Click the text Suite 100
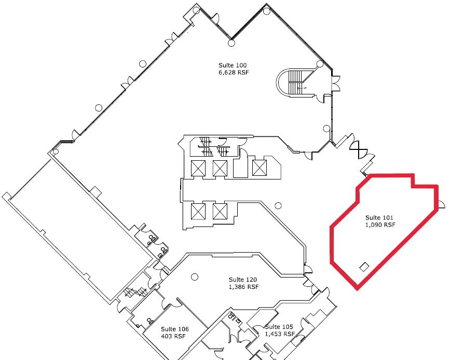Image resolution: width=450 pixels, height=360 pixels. click(233, 65)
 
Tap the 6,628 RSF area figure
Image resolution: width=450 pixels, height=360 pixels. click(234, 72)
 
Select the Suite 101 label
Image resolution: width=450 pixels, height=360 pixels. click(379, 218)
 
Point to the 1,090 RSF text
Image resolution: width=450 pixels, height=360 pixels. click(380, 225)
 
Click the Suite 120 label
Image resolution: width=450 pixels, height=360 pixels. click(243, 280)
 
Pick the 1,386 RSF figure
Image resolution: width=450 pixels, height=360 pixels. click(243, 286)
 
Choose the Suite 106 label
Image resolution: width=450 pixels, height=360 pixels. click(175, 329)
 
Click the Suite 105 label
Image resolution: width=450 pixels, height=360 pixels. click(279, 327)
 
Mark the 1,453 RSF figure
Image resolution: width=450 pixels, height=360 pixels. click(280, 334)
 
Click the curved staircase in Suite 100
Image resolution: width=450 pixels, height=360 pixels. click(293, 82)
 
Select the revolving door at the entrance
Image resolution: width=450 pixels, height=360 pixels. click(359, 150)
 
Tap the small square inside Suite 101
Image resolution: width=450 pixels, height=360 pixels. click(364, 267)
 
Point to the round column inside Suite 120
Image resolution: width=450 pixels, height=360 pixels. click(195, 277)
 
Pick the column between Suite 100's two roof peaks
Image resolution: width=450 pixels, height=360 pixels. click(231, 43)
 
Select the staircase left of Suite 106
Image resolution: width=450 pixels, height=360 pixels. click(136, 292)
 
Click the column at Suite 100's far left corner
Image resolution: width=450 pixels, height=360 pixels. click(56, 151)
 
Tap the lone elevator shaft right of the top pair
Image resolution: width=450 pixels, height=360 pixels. click(260, 168)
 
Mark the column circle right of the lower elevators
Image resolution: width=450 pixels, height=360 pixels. click(278, 205)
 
